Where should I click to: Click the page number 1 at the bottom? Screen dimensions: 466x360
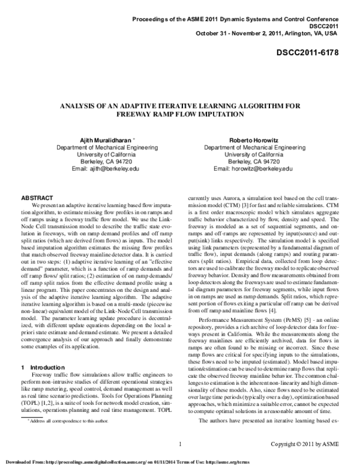coord(181,444)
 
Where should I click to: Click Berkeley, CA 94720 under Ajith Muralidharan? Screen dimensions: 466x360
coord(97,162)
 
